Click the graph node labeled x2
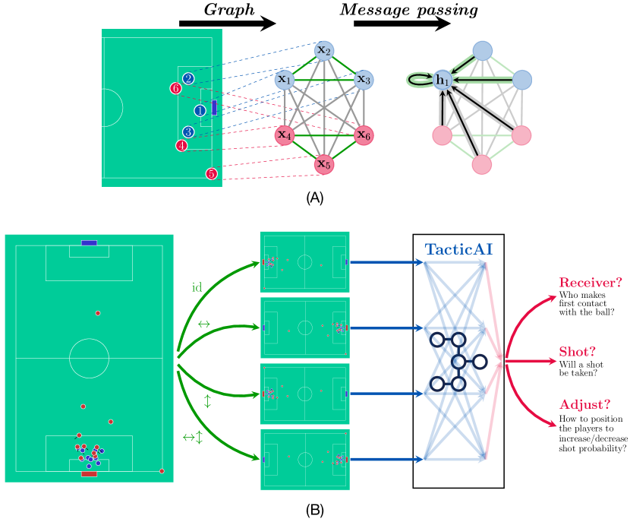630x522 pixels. click(x=324, y=50)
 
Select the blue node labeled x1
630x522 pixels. click(x=285, y=79)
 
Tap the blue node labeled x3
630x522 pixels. click(x=364, y=79)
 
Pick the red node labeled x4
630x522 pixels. click(x=285, y=135)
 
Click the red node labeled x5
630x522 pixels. click(x=324, y=163)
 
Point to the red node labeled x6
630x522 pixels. click(x=364, y=135)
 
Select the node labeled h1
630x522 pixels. click(x=443, y=79)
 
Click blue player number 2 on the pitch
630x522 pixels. click(x=188, y=78)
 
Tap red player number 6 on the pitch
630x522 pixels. click(x=175, y=89)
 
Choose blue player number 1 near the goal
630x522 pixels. click(x=200, y=111)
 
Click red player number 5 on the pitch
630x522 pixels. click(x=211, y=174)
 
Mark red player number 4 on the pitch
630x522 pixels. click(x=181, y=145)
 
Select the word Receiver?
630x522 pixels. click(x=591, y=283)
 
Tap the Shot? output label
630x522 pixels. click(x=577, y=352)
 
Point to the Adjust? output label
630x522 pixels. click(x=584, y=404)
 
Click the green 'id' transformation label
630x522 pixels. click(x=197, y=287)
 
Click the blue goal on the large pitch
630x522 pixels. click(x=89, y=243)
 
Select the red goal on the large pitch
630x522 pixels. click(x=89, y=473)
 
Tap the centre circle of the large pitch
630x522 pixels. click(x=89, y=358)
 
